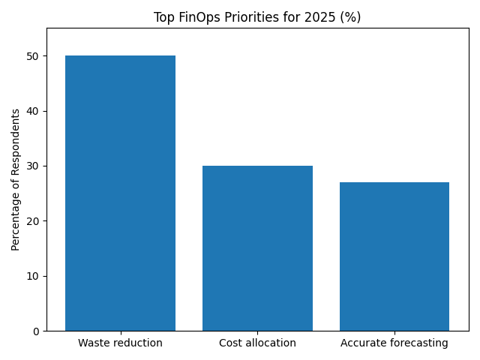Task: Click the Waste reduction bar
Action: [120, 193]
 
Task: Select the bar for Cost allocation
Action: [257, 248]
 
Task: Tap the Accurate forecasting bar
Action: [394, 256]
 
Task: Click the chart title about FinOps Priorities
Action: [257, 17]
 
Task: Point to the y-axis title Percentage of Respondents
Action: [16, 179]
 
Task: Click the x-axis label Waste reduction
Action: [120, 343]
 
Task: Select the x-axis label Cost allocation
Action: [257, 343]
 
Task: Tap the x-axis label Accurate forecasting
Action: [394, 343]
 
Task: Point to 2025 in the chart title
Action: [314, 17]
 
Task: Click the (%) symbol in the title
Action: [349, 17]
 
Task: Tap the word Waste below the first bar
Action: [93, 343]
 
